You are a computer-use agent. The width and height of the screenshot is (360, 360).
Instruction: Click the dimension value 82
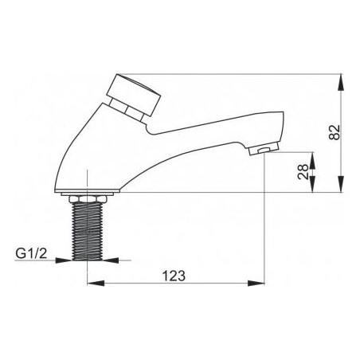(335, 132)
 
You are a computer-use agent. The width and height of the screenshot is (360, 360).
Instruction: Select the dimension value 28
(303, 172)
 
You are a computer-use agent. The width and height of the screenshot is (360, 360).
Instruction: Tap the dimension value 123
(174, 276)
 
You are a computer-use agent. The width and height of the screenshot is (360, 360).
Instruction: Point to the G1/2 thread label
(31, 253)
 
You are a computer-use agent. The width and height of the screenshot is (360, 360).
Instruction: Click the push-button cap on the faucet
(134, 95)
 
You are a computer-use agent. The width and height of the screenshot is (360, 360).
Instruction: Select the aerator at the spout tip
(264, 149)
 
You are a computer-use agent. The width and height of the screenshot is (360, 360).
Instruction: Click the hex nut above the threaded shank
(87, 199)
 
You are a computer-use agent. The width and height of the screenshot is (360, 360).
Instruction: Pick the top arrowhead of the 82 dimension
(341, 82)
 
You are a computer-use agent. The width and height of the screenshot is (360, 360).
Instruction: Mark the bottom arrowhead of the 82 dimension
(341, 184)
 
